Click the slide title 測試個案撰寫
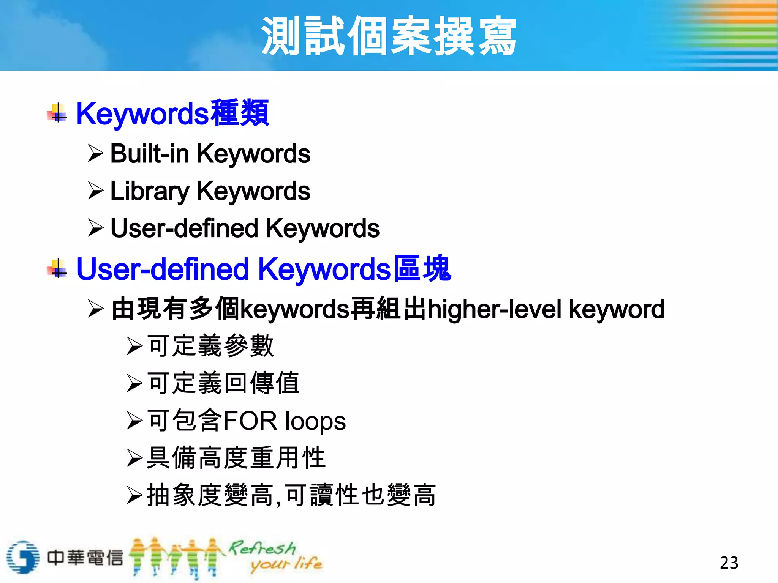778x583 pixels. [x=389, y=36]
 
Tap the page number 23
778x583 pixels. [x=729, y=563]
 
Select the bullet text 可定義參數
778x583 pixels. [x=210, y=346]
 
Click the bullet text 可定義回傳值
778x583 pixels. [x=224, y=383]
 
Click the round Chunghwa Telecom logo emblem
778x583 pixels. [x=23, y=557]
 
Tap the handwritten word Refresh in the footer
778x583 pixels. [x=262, y=548]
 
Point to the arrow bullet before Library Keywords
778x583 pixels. [x=95, y=191]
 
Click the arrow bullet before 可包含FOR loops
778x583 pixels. [x=134, y=421]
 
